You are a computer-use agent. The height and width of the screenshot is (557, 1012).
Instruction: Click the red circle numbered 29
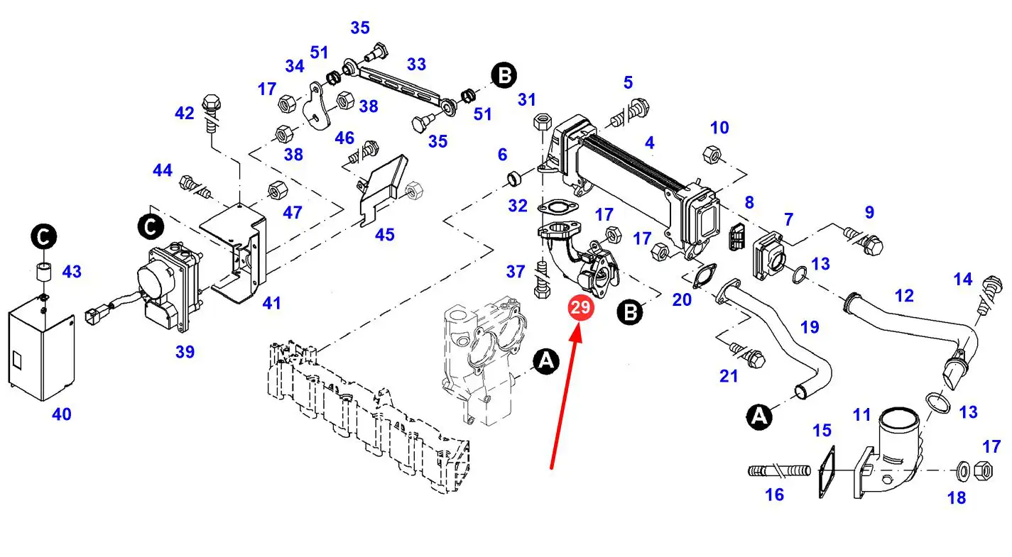[580, 308]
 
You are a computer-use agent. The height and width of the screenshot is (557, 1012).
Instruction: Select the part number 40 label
[62, 414]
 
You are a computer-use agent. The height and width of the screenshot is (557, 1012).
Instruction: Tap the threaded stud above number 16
[779, 470]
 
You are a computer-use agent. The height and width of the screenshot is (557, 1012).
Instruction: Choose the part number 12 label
[904, 295]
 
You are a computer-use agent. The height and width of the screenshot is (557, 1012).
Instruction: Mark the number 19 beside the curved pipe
[810, 327]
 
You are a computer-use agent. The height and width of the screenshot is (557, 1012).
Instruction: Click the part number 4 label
[649, 143]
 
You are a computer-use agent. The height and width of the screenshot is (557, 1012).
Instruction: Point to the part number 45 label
[384, 234]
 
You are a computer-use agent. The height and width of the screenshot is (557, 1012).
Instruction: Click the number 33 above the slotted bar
[416, 64]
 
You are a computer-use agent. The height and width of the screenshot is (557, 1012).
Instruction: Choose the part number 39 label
[185, 352]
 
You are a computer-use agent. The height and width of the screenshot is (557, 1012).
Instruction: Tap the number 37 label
[516, 272]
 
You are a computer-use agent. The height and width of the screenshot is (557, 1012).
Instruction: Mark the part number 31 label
[526, 100]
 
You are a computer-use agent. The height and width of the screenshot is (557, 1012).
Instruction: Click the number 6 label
[502, 154]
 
